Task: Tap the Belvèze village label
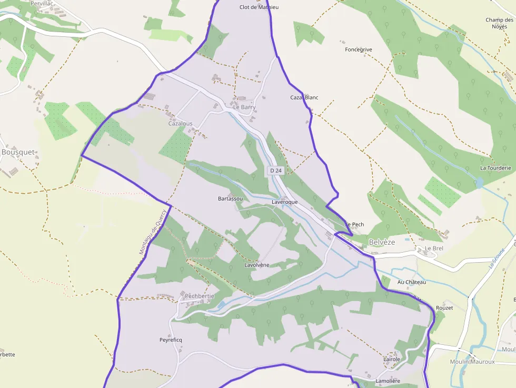click(382, 242)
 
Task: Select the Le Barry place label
click(244, 107)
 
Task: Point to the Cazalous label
click(180, 124)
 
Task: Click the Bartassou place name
click(230, 198)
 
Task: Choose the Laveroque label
click(285, 202)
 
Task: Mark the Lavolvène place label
click(257, 265)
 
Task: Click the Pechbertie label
click(200, 296)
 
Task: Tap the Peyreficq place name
click(171, 340)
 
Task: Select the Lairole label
click(392, 359)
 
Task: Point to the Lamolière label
click(388, 381)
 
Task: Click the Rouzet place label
click(444, 307)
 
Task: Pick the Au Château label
click(412, 282)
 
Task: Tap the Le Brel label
click(434, 248)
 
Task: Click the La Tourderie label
click(495, 168)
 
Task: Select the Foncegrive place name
click(359, 49)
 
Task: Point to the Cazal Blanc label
click(304, 97)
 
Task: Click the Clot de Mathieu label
click(259, 7)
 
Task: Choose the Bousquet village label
click(18, 152)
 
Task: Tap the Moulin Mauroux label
click(472, 362)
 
